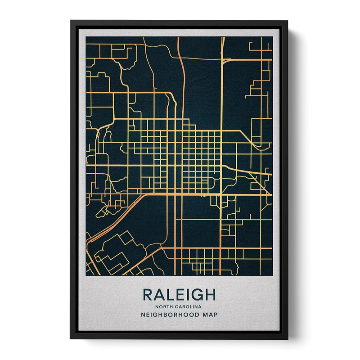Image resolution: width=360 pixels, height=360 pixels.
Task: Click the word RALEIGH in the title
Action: (x=179, y=295)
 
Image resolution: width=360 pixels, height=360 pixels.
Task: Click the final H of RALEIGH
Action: (x=208, y=295)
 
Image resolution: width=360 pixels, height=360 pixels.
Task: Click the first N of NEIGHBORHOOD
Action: (x=144, y=315)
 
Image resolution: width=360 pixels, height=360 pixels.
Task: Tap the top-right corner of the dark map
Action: (x=272, y=37)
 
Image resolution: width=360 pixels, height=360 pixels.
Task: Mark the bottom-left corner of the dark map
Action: (x=86, y=274)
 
